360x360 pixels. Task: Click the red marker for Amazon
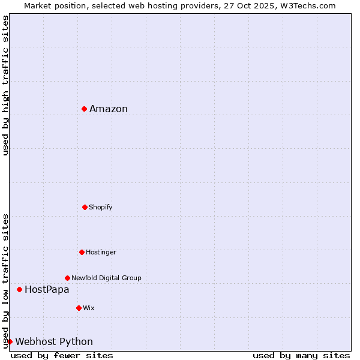coord(85,109)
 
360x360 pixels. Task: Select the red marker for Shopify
coord(85,207)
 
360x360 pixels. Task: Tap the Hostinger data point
coord(82,252)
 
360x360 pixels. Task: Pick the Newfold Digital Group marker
coord(67,278)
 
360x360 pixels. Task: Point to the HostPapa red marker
coord(19,289)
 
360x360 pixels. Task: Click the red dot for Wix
coord(79,308)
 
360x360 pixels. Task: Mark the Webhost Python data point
coord(10,341)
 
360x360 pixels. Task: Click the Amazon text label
coord(109,109)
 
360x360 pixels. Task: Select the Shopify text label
coord(101,207)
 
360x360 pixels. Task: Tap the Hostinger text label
coord(101,252)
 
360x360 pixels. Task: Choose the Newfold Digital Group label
coord(106,278)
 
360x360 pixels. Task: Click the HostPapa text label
coord(47,289)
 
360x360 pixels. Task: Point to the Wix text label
coord(89,308)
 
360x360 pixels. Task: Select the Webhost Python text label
coord(54,341)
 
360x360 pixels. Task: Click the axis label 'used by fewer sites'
coord(62,355)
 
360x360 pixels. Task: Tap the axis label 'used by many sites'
coord(301,355)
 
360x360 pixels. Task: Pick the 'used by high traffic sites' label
coord(5,85)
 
